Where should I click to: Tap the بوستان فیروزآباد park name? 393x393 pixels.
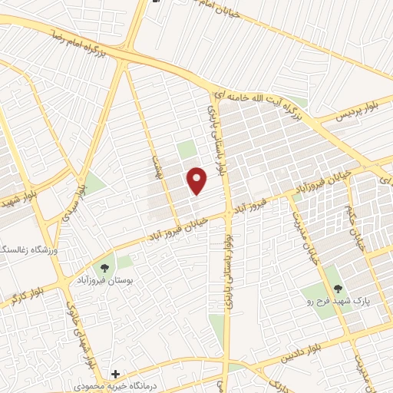click(104, 282)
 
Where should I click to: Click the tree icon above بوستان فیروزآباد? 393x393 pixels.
click(104, 267)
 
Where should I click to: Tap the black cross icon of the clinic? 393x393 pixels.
click(115, 374)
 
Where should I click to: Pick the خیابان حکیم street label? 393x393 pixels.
click(358, 230)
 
